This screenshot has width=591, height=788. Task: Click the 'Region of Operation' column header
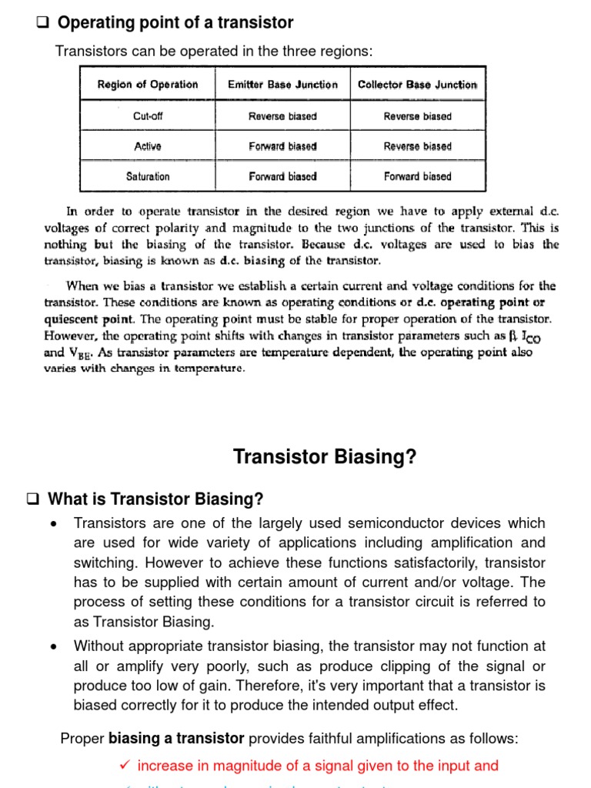148,85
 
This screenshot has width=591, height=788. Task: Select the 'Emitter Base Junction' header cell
282,85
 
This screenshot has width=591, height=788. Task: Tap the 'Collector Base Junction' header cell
418,85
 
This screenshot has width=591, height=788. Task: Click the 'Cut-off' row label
148,116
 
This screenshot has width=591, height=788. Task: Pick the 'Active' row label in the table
148,146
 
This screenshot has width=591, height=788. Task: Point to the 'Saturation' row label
148,176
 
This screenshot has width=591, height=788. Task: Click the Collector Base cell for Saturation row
418,176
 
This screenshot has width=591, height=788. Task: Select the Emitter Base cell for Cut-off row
282,116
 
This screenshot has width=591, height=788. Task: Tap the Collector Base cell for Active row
418,146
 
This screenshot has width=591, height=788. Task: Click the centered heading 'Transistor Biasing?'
324,457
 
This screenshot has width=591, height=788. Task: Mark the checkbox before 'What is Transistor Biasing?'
33,499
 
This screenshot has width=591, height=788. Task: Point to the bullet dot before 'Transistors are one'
53,524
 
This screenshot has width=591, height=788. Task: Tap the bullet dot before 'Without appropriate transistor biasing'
53,646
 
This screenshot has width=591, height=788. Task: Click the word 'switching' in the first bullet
102,563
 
